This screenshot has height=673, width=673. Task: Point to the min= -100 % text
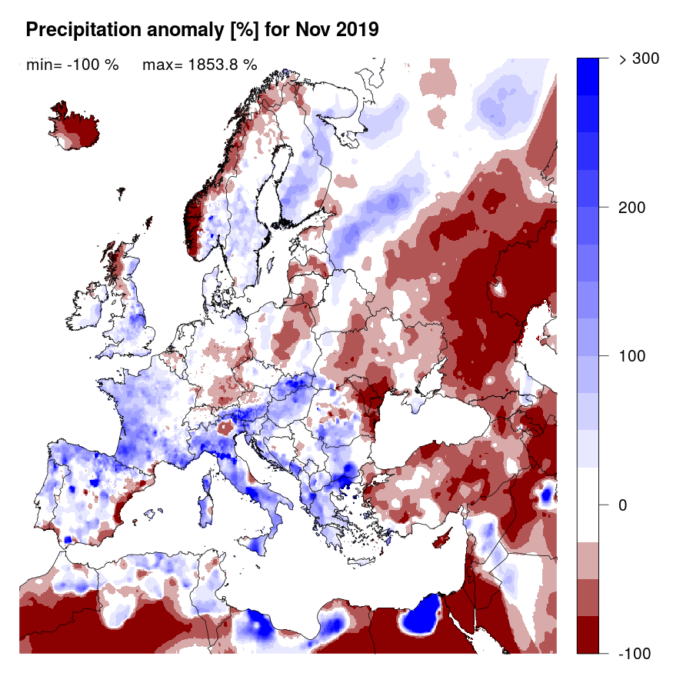click(72, 65)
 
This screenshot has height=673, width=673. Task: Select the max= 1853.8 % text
click(199, 65)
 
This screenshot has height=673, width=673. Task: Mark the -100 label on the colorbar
click(635, 653)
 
